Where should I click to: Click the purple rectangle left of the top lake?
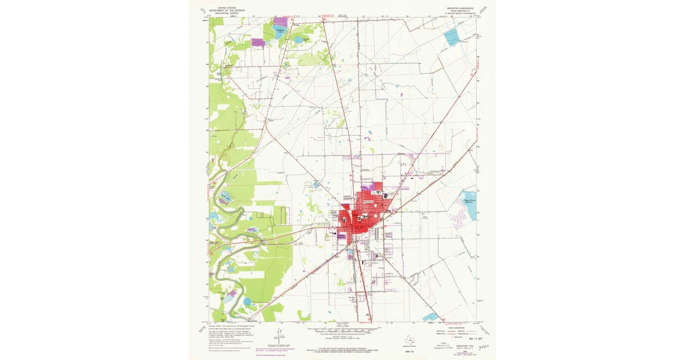pos(258,42)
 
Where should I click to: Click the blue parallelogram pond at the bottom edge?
pos(430,317)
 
